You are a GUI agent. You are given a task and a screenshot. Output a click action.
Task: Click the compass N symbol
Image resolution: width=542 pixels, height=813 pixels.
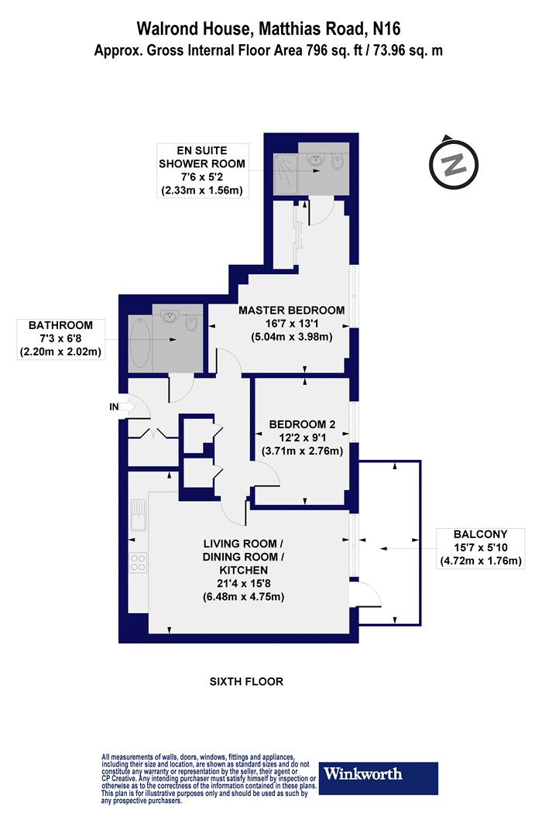point(454,164)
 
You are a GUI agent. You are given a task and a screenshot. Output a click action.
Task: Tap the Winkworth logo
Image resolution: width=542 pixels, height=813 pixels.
point(378,777)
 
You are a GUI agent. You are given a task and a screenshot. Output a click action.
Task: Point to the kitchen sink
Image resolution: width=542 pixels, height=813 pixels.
point(138,515)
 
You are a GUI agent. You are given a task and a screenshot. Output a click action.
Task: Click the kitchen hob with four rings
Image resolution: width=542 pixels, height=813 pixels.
point(138,563)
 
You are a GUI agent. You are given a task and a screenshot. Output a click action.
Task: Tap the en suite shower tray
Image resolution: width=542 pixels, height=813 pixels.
point(285,174)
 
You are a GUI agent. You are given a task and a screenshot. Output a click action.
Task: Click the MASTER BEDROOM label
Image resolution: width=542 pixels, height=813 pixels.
point(291,310)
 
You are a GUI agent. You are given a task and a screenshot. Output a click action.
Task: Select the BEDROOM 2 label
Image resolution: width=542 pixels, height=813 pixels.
point(303,424)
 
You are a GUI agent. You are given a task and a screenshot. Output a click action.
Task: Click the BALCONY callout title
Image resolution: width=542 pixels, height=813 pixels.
point(480,534)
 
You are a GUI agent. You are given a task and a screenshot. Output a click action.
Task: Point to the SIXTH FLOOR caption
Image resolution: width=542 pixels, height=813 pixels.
point(246,681)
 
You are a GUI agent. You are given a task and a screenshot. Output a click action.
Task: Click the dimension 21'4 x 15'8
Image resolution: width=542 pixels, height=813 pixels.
point(243,583)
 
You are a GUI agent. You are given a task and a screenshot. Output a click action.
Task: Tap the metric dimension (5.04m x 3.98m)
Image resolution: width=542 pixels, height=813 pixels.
point(291,337)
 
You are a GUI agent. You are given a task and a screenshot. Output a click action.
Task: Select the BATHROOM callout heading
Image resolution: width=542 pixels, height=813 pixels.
point(60,325)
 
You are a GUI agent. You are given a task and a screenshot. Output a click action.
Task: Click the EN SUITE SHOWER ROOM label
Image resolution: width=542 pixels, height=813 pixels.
point(202,157)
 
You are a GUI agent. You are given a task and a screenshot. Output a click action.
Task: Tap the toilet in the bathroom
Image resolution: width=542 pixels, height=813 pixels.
point(190,324)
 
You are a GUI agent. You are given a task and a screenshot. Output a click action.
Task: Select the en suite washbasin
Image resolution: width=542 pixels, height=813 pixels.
point(314,160)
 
